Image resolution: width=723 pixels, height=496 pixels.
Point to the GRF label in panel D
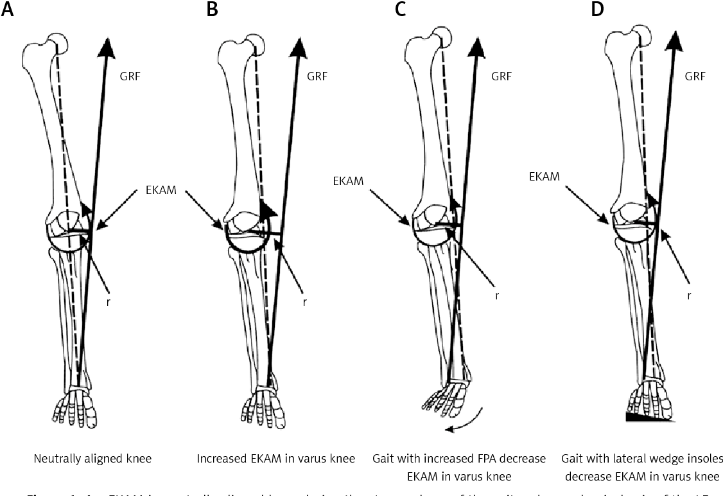click(x=695, y=76)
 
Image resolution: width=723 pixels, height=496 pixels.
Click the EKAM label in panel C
click(x=348, y=182)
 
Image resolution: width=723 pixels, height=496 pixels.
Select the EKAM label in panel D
click(x=544, y=175)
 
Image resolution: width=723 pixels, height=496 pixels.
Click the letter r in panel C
click(x=497, y=297)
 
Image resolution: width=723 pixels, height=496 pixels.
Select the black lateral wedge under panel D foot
click(x=649, y=418)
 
